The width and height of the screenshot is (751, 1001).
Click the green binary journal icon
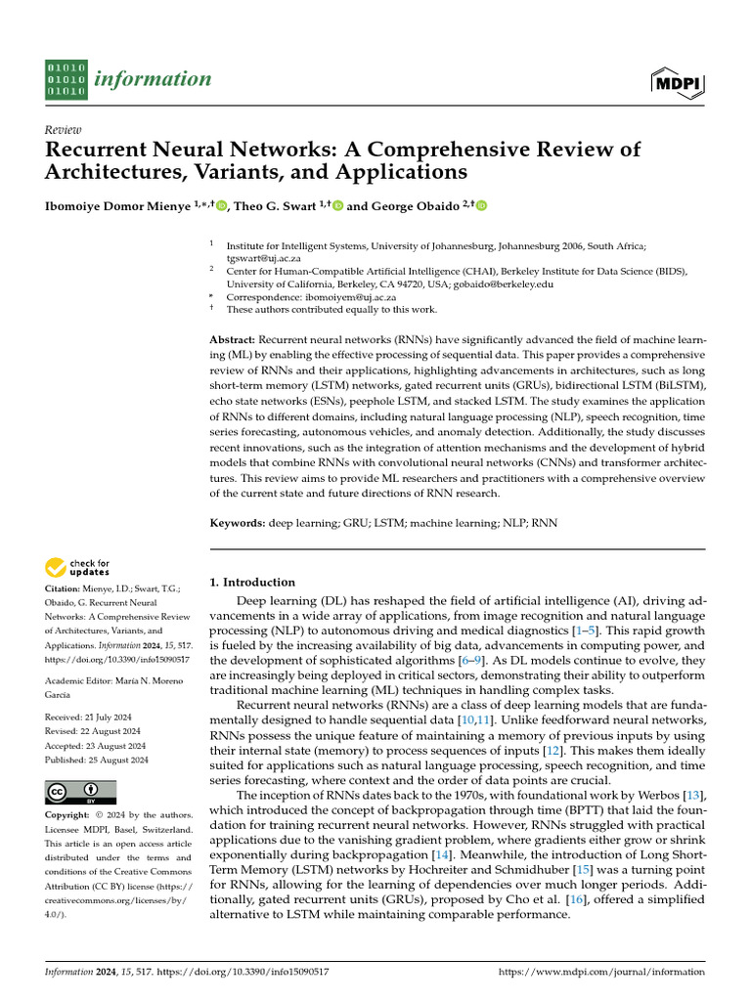66,79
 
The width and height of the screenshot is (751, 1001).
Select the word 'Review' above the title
64,130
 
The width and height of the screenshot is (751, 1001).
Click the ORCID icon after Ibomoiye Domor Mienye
221,205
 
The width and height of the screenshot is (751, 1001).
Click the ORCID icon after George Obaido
480,205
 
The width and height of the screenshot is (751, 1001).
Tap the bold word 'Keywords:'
238,524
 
